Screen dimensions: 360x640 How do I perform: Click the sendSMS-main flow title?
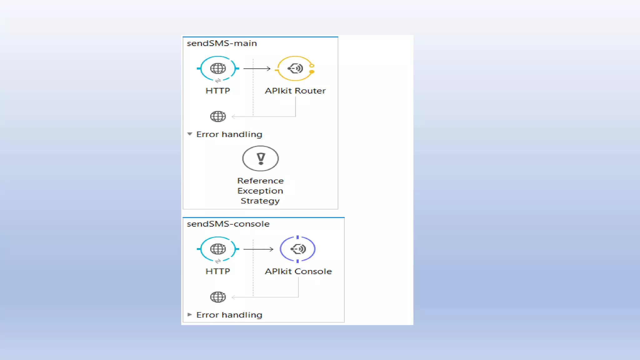pyautogui.click(x=222, y=43)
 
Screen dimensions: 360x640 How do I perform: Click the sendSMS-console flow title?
pyautogui.click(x=228, y=224)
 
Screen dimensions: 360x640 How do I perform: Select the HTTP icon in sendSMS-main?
pyautogui.click(x=218, y=68)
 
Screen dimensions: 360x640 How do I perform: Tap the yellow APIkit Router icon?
pyautogui.click(x=295, y=68)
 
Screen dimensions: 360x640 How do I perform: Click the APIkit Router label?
pyautogui.click(x=295, y=91)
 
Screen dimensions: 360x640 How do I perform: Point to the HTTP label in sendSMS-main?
pyautogui.click(x=218, y=91)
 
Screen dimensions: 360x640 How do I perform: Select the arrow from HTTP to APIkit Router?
pyautogui.click(x=257, y=68)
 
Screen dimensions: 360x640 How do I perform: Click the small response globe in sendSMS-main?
pyautogui.click(x=218, y=117)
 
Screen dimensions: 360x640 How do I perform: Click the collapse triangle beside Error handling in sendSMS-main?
pyautogui.click(x=190, y=134)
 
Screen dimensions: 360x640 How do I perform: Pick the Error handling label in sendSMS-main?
pyautogui.click(x=229, y=134)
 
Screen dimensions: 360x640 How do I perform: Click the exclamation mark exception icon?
pyautogui.click(x=260, y=158)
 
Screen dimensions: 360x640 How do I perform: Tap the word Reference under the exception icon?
pyautogui.click(x=260, y=181)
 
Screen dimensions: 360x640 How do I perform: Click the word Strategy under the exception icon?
pyautogui.click(x=260, y=201)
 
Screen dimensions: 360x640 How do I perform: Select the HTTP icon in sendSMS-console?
pyautogui.click(x=218, y=249)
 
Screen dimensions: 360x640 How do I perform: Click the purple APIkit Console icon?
pyautogui.click(x=298, y=249)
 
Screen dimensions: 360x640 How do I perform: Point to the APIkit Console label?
pyautogui.click(x=298, y=272)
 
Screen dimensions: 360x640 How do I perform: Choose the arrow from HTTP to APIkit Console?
pyautogui.click(x=258, y=249)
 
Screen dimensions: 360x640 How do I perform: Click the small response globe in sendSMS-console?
pyautogui.click(x=218, y=297)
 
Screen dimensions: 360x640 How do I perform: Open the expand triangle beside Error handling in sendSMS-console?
pyautogui.click(x=190, y=315)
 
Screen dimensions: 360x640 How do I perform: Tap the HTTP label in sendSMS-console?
pyautogui.click(x=218, y=272)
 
